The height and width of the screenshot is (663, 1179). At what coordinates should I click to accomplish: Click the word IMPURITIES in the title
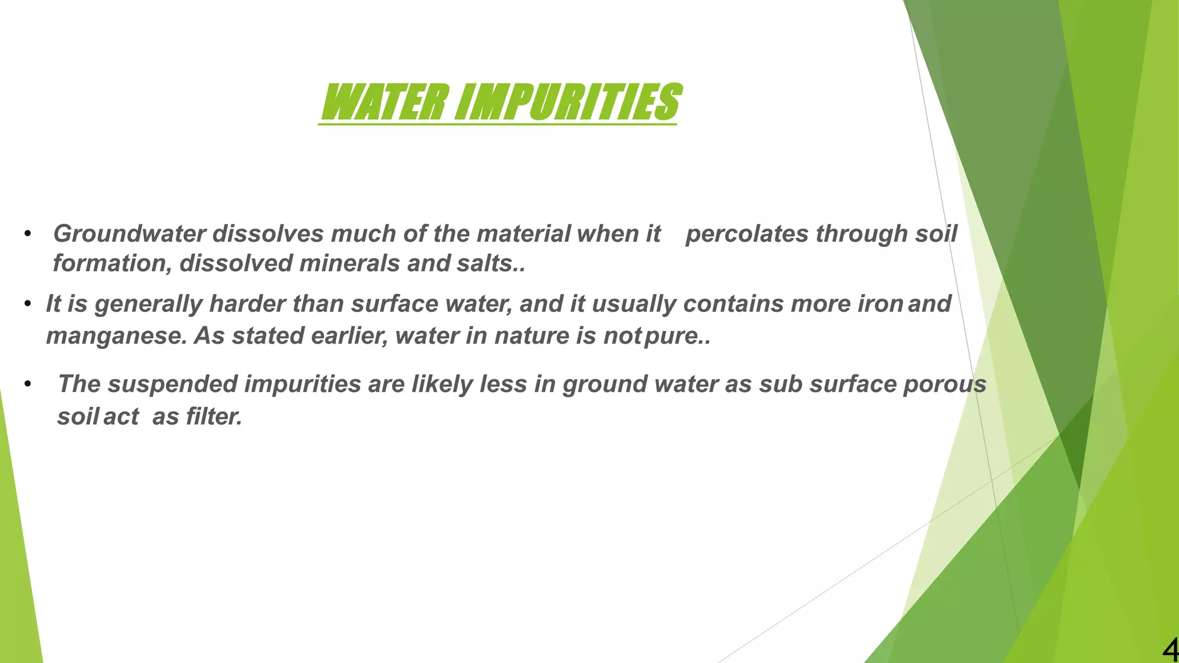(x=568, y=102)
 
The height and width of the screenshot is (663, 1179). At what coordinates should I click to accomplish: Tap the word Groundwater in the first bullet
(x=130, y=234)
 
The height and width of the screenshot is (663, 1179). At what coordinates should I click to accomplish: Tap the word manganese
(x=116, y=336)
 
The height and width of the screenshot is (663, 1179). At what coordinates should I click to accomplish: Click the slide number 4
(x=1169, y=651)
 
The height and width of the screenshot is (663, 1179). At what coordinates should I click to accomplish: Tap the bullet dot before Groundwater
(x=27, y=234)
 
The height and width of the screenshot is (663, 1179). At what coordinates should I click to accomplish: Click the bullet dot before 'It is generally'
(x=27, y=304)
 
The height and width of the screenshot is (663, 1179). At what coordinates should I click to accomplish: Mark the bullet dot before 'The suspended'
(x=27, y=384)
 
